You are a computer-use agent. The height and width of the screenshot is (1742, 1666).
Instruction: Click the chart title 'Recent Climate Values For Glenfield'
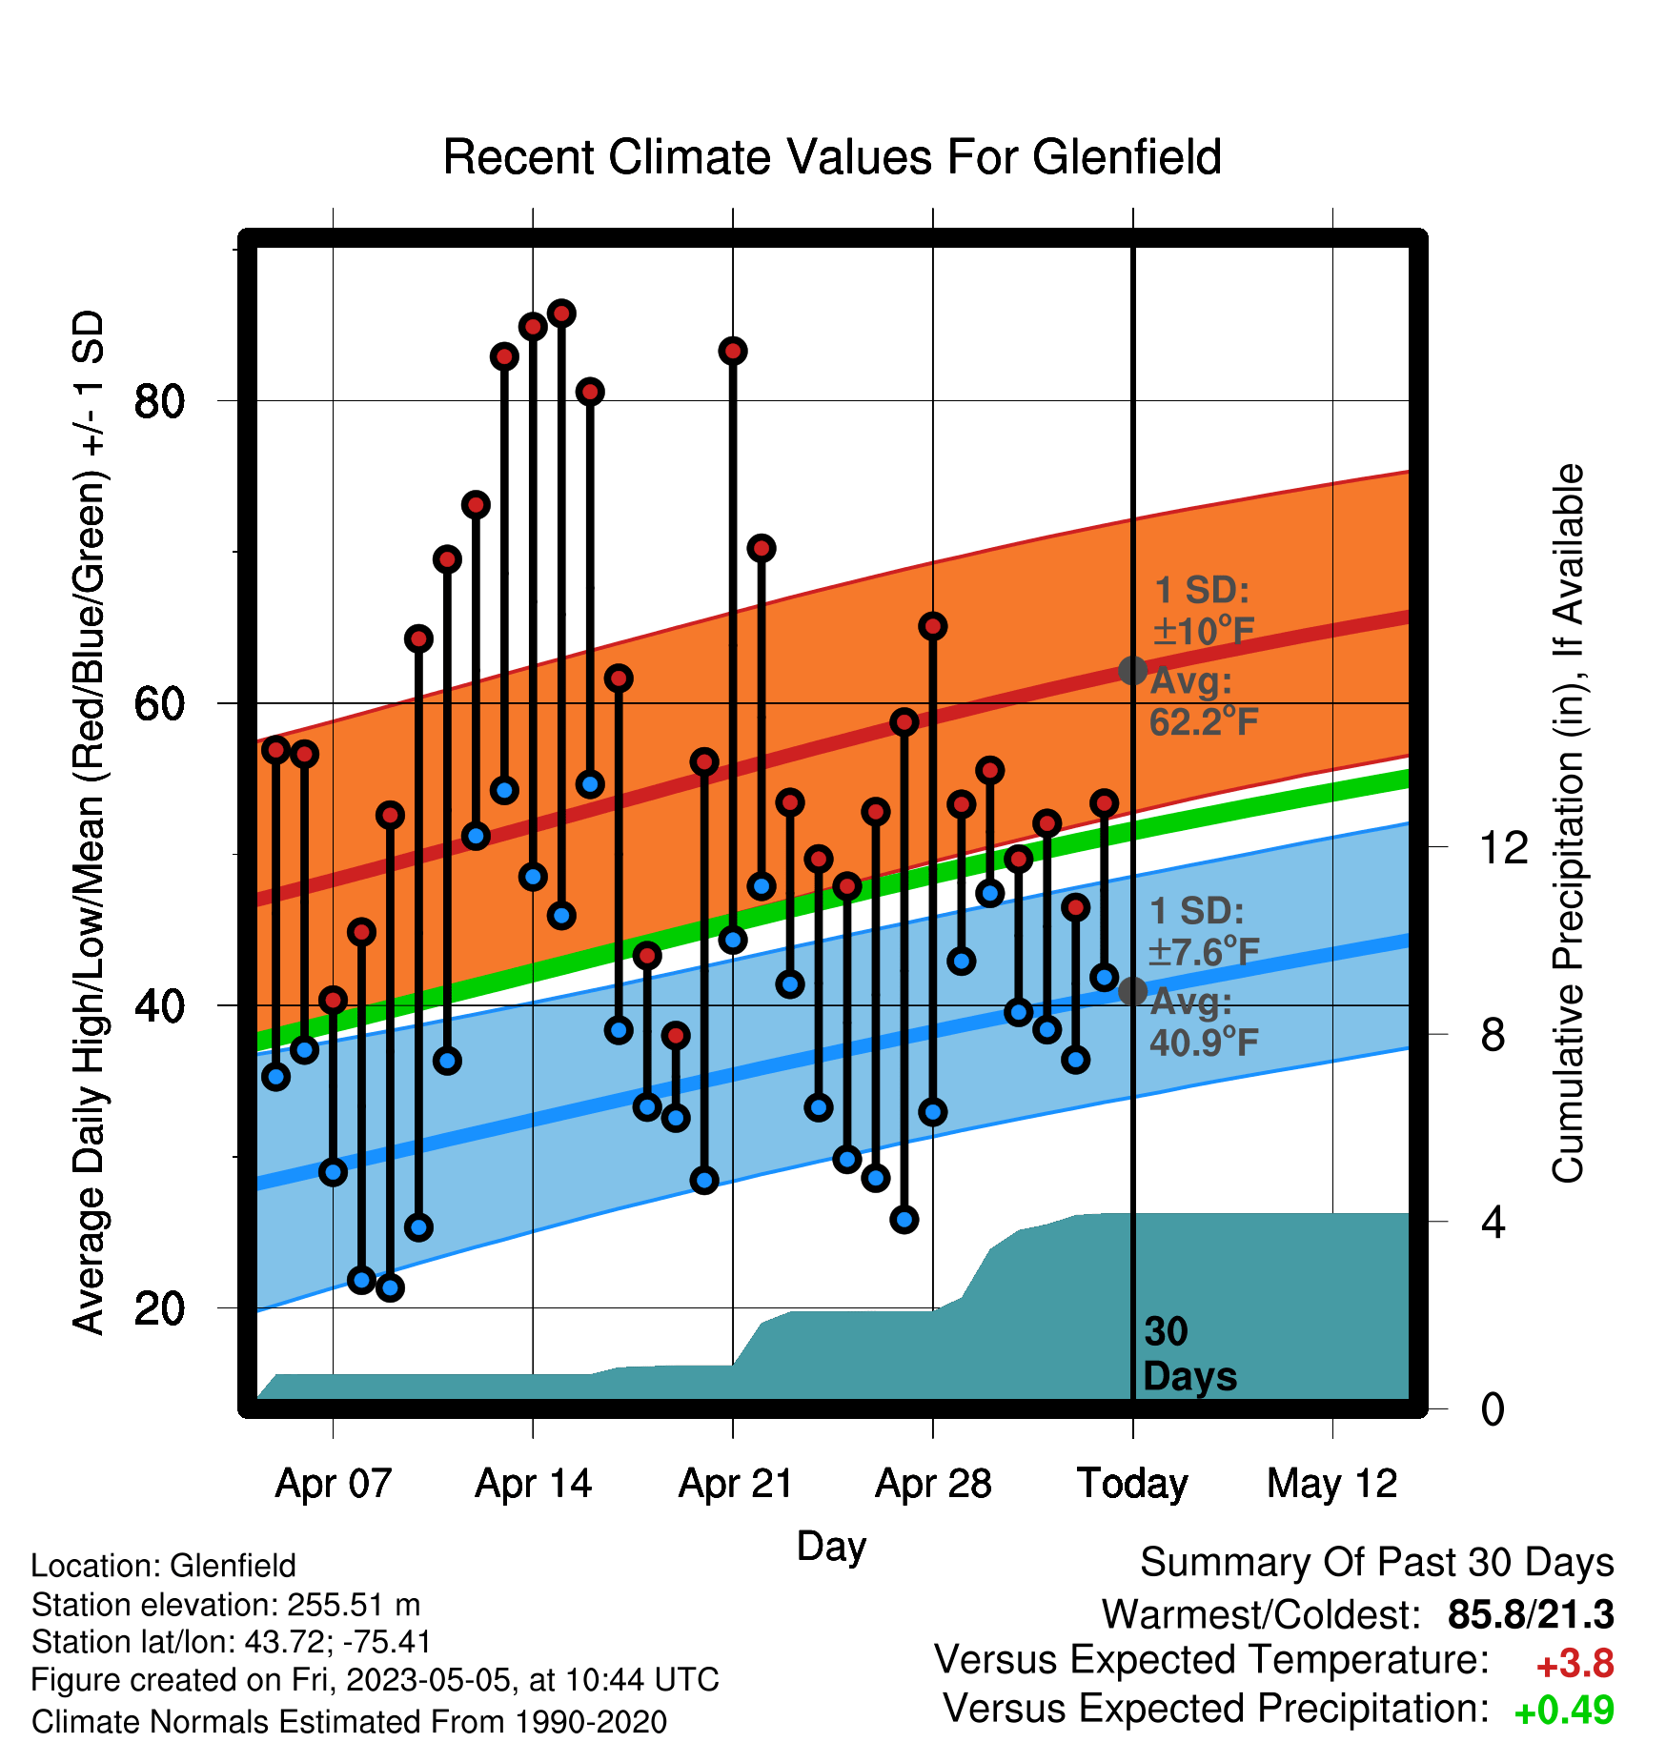[x=832, y=157]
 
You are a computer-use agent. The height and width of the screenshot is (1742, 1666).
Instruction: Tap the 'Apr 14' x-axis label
[x=534, y=1484]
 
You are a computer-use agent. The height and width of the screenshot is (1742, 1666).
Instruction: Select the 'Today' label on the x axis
[x=1132, y=1484]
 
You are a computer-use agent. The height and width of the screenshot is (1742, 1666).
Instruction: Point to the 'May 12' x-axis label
[x=1331, y=1484]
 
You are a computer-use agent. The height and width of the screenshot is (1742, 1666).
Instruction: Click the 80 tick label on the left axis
[x=159, y=401]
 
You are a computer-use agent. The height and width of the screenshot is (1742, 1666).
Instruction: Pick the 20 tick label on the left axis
[x=159, y=1308]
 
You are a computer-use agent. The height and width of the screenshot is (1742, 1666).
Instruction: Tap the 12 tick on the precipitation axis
[x=1504, y=847]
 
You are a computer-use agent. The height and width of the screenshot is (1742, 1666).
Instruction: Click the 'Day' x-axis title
[x=831, y=1546]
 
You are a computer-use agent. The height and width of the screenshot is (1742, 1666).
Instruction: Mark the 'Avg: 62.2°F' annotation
[x=1204, y=701]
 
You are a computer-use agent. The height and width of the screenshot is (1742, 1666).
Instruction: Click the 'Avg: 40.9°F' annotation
[x=1204, y=1023]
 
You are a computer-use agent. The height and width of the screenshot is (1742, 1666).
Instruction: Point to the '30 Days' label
[x=1189, y=1354]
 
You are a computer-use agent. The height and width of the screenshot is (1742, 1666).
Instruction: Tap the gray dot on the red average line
[x=1132, y=671]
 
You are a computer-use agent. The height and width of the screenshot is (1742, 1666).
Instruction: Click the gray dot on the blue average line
[x=1132, y=991]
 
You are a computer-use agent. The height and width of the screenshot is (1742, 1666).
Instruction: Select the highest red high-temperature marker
[x=561, y=314]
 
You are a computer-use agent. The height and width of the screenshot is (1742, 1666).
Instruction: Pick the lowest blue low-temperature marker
[x=390, y=1288]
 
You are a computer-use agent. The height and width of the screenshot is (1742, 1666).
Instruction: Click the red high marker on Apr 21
[x=733, y=351]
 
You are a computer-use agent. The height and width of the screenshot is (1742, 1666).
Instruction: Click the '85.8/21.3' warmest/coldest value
[x=1531, y=1615]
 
